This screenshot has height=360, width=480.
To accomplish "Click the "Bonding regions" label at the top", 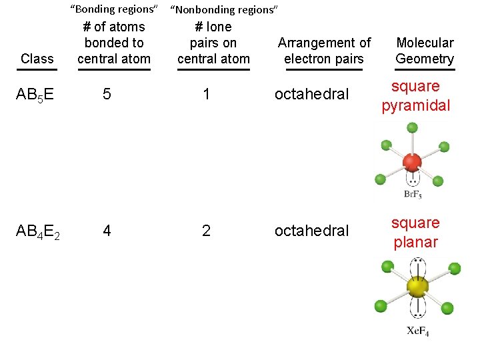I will pos(114,9).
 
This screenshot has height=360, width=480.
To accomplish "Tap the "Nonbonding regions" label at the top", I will pos(223,9).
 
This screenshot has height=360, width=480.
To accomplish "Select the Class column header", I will pos(37,59).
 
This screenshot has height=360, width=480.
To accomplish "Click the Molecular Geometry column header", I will pos(424,51).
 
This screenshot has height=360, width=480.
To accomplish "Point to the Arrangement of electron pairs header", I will pos(324,51).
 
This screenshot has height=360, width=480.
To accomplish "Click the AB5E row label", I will pos(35,95).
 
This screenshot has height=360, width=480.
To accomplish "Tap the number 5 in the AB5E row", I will pos(107,94).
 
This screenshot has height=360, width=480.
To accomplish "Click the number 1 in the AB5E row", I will pos(207,94).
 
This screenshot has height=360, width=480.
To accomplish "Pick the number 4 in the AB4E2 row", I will pos(107,231).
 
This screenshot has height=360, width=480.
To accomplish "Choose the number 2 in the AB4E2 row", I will pos(207,231).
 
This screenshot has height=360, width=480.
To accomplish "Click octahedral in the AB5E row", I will pos(311,94).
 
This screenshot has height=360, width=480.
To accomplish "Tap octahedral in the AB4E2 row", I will pos(311,231).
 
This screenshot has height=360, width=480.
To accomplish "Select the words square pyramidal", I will pos(415,96).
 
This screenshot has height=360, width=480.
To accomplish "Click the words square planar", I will pos(415,232).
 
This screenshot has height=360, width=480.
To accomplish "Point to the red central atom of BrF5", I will pos(413,163).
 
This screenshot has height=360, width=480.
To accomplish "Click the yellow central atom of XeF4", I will pos(417,287).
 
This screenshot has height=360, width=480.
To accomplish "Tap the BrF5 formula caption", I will pos(413,195).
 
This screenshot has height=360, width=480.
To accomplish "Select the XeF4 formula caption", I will pos(418,331).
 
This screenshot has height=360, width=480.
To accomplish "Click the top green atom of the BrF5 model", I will pos(413,127).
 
